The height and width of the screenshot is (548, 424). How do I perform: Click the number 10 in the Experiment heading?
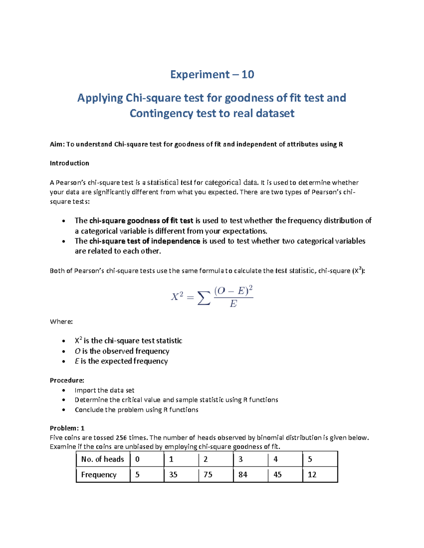click(248, 74)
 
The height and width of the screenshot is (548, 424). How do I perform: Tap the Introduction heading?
click(69, 163)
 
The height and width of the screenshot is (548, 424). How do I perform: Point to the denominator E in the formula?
click(233, 304)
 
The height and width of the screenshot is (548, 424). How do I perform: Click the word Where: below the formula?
click(61, 321)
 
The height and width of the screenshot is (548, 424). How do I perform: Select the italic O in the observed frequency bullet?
click(77, 351)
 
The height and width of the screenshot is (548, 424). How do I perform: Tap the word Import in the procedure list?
click(85, 390)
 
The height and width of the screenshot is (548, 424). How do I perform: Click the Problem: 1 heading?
click(67, 428)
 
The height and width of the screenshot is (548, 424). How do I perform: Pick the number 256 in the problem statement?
click(121, 438)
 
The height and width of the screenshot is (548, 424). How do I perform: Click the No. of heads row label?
click(102, 459)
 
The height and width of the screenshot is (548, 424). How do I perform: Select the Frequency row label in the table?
click(99, 475)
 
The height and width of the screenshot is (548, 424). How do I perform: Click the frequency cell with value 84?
click(243, 475)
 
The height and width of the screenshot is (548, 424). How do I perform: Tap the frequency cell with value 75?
click(208, 475)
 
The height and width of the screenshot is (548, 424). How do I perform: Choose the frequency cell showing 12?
click(312, 475)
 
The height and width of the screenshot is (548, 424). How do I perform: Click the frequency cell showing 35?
click(173, 475)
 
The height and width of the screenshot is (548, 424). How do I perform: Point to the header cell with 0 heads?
click(137, 459)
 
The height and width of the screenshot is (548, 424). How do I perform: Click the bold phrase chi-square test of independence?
click(145, 241)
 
